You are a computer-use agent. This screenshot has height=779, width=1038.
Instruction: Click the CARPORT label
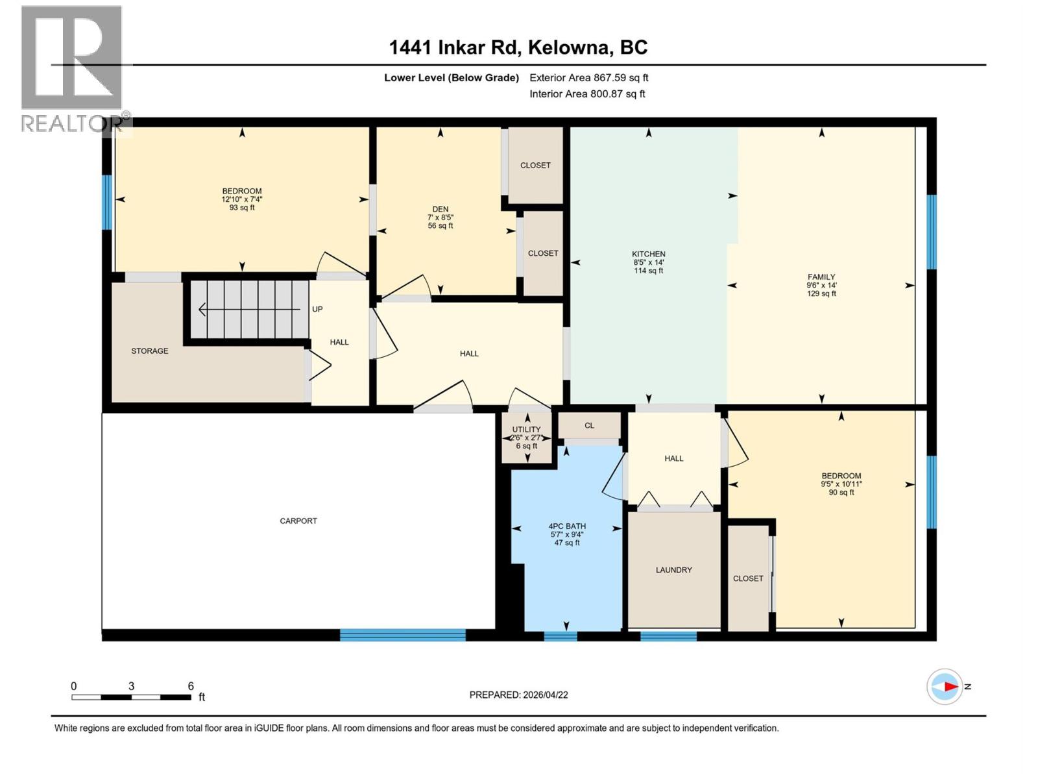(298, 521)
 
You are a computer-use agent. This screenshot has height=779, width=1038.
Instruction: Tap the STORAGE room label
(150, 351)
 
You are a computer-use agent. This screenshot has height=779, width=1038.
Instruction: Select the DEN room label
(441, 209)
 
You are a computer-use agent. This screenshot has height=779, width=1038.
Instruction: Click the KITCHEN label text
(649, 254)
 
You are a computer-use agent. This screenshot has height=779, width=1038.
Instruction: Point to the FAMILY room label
(821, 277)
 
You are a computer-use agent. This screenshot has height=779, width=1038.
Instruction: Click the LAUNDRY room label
(673, 570)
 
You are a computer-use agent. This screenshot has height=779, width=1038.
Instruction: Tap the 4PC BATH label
(567, 526)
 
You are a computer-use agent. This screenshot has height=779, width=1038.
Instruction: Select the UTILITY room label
(526, 429)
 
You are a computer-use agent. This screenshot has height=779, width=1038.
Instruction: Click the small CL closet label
(589, 426)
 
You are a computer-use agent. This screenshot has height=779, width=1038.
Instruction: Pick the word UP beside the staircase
(317, 309)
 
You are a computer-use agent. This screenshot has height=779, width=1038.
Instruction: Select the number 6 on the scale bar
(191, 686)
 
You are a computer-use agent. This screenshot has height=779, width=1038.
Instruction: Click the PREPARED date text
(518, 695)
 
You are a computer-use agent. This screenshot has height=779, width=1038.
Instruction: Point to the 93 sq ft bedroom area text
(242, 208)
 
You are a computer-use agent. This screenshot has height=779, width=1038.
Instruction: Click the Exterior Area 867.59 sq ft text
(589, 77)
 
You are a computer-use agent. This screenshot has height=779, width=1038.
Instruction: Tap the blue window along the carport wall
(402, 635)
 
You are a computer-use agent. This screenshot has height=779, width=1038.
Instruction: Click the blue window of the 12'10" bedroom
(107, 202)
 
